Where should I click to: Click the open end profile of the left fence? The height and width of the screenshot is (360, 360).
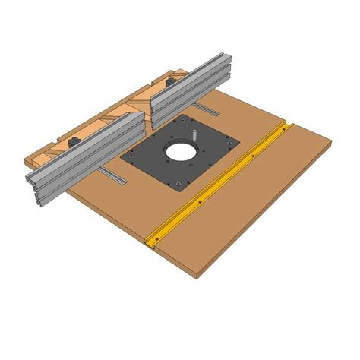click(34, 181)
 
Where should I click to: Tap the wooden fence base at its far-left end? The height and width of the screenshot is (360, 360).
click(29, 161)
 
